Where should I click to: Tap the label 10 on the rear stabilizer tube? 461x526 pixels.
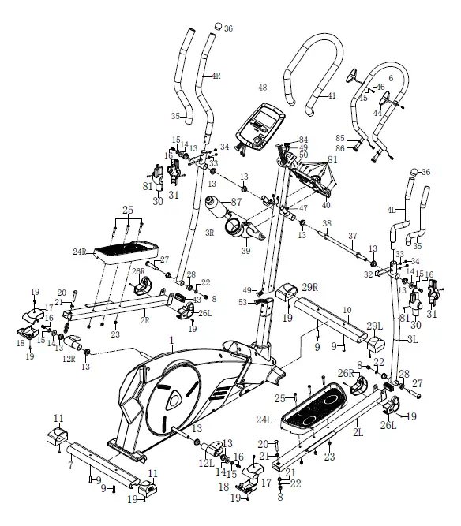(346, 311)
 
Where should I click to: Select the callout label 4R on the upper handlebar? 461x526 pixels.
(216, 76)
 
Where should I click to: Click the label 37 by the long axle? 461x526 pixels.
(353, 235)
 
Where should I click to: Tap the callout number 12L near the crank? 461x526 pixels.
(207, 463)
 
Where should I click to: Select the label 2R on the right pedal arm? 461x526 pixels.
(145, 321)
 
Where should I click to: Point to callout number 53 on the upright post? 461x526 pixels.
(242, 302)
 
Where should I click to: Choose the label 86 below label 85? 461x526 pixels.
(340, 147)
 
